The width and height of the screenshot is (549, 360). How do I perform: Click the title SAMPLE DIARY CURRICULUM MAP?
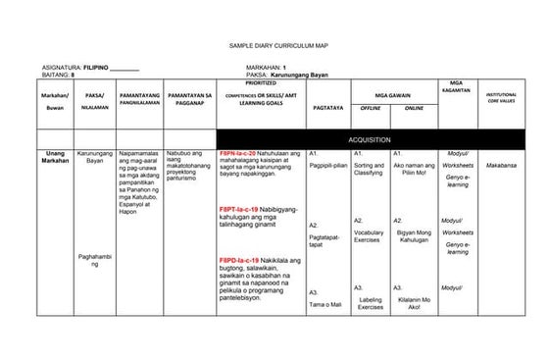click(x=274, y=46)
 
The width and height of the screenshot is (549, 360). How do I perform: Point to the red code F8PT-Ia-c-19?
click(x=238, y=210)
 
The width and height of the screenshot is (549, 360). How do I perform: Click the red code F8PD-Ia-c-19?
click(x=238, y=259)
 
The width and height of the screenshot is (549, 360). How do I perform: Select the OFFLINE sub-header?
click(x=371, y=108)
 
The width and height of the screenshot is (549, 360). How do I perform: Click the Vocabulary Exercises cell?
click(x=369, y=235)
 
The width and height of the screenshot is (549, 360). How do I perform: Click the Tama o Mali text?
click(x=325, y=305)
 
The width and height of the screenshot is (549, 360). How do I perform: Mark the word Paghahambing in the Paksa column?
click(x=95, y=260)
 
